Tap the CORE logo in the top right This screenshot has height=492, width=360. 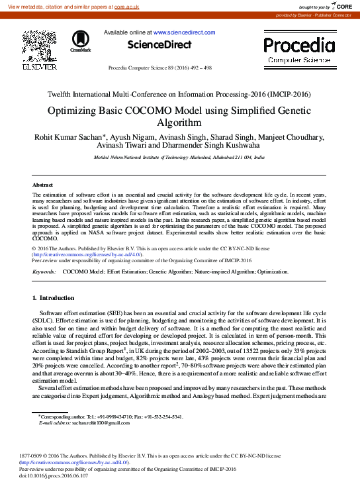pos(340,6)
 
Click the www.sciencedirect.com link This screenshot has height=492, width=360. pos(184,32)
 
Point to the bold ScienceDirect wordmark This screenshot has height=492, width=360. pos(159,44)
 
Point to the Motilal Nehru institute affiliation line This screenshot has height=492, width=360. pos(179,158)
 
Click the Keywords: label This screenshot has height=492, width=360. pos(44,271)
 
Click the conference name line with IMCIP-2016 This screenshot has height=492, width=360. pos(179,94)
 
